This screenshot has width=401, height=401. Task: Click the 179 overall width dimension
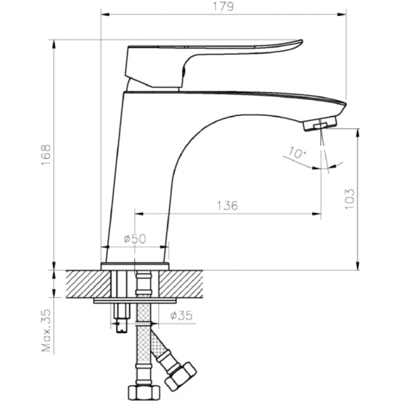tap(223, 7)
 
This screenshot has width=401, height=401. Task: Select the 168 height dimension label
tap(46, 155)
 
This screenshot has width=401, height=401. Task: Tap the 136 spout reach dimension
tap(227, 206)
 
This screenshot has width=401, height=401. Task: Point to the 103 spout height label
tap(350, 199)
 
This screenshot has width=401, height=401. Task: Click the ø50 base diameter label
tap(135, 238)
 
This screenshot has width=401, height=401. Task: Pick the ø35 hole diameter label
tap(182, 316)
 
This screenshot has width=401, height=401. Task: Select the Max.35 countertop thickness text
tap(47, 331)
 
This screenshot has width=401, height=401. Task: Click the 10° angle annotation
tap(297, 152)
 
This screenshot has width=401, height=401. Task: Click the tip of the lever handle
tap(301, 42)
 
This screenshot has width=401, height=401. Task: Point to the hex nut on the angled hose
tap(181, 375)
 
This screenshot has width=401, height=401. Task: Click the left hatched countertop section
tap(88, 284)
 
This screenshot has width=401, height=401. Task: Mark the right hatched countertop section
tap(181, 284)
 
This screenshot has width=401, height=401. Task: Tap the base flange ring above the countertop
tap(135, 266)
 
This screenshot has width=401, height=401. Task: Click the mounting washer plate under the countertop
tap(135, 300)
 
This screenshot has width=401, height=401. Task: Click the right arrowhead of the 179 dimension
tap(342, 15)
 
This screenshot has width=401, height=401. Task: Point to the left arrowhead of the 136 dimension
tap(139, 214)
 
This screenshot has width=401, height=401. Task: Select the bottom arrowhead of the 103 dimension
tap(358, 265)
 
